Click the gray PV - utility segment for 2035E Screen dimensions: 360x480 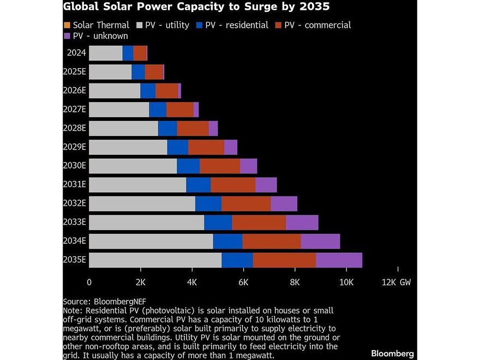click(x=155, y=260)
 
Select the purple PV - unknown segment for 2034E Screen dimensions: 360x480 click(x=320, y=241)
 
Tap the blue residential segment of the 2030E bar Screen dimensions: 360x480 click(x=188, y=166)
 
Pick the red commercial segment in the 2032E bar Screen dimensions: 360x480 click(x=246, y=203)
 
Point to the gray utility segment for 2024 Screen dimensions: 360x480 click(x=105, y=53)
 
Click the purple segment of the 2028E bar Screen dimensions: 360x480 click(x=213, y=129)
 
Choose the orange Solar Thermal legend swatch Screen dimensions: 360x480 click(x=67, y=25)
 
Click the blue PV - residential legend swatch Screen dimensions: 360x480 click(x=200, y=25)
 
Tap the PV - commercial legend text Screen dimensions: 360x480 click(x=317, y=25)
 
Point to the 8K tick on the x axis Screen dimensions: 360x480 click(x=295, y=283)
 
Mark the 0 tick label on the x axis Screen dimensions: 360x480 click(x=89, y=283)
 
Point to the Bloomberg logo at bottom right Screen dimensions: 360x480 click(x=392, y=353)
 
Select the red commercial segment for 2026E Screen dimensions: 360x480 click(x=166, y=91)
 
